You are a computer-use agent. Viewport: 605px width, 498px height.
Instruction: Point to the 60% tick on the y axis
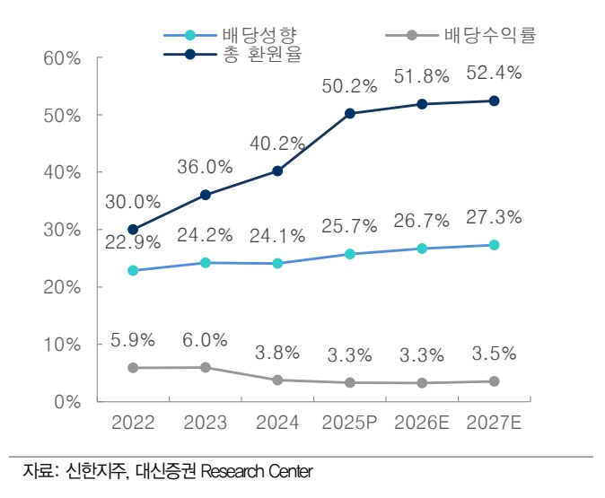coord(62,58)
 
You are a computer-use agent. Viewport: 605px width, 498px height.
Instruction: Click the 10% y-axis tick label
coord(62,345)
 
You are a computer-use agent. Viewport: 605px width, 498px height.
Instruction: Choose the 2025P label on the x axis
coord(350,423)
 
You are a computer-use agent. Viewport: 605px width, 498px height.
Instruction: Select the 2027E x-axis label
coord(495,423)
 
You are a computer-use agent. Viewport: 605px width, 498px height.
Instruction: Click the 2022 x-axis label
coord(133,423)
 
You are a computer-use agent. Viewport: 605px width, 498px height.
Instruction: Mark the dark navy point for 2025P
coord(350,113)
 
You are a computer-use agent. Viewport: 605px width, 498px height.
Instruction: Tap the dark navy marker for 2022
coord(133,229)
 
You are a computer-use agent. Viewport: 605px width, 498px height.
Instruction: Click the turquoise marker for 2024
coord(277,263)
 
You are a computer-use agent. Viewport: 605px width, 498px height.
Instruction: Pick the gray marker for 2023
coord(206,367)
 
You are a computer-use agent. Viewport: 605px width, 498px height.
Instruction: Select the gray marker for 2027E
coord(495,381)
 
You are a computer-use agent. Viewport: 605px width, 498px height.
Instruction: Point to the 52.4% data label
coord(495,74)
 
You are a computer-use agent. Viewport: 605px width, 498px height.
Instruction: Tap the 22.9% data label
coord(133,242)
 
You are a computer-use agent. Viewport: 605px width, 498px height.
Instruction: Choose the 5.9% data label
coord(133,340)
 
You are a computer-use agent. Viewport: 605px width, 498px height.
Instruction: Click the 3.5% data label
coord(495,354)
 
